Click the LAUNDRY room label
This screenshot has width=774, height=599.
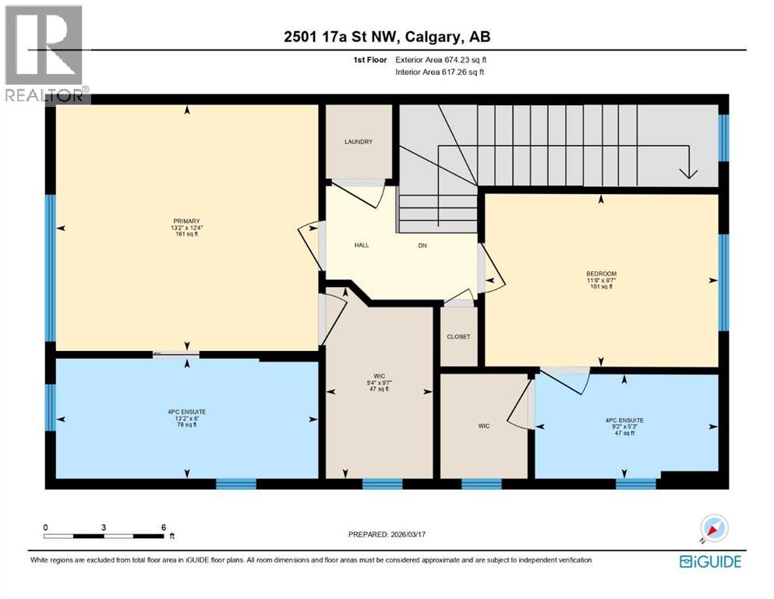pos(359,142)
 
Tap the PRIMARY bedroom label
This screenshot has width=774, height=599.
pos(186,220)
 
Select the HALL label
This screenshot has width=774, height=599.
pos(362,245)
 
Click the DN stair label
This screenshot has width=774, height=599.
pos(422,245)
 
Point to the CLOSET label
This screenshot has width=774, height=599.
pos(458,337)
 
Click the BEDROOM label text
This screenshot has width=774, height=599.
pos(601,274)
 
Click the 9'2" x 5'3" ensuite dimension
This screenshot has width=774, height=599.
pos(624,427)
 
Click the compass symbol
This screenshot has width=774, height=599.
pos(714,528)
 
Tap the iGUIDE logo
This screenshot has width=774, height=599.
pos(709,562)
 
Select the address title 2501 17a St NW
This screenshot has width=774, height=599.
pos(387,37)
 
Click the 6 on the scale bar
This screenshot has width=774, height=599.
pos(163,527)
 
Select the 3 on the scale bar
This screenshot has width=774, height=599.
pos(104,527)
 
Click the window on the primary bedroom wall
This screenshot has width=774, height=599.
pos(50,268)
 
